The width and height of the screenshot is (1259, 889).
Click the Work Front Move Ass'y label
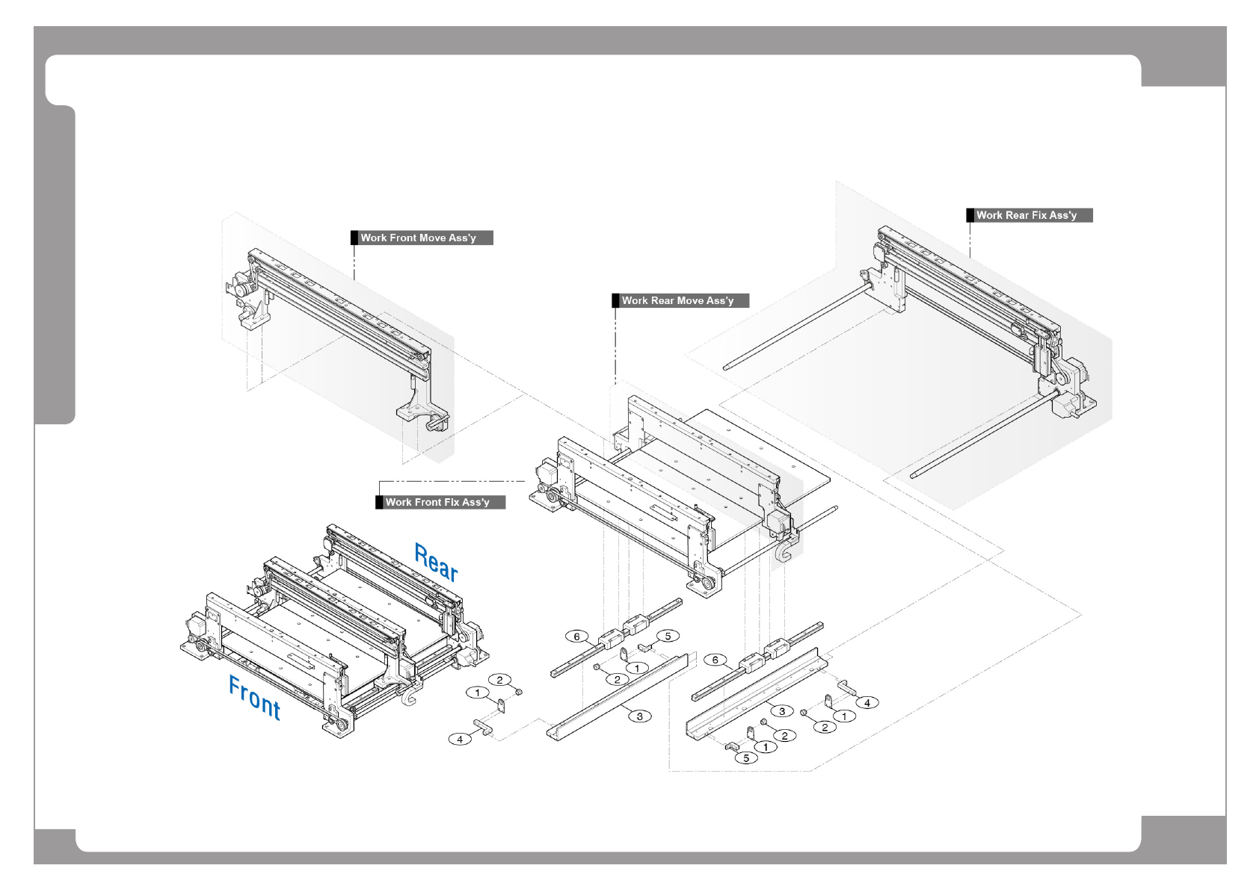[422, 238]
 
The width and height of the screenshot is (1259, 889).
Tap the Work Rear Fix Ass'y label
[1029, 215]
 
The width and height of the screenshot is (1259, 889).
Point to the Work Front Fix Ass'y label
[440, 502]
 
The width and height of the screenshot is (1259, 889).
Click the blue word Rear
[436, 563]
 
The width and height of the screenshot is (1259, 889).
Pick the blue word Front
[254, 697]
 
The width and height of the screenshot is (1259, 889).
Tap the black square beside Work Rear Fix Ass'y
[970, 215]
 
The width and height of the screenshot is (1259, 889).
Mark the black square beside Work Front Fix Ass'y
[379, 502]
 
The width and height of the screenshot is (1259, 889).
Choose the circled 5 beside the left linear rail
[668, 636]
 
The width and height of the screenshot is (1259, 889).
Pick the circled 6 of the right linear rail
[715, 660]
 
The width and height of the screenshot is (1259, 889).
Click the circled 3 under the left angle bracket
[639, 716]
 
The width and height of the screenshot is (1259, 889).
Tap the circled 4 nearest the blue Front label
[460, 739]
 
